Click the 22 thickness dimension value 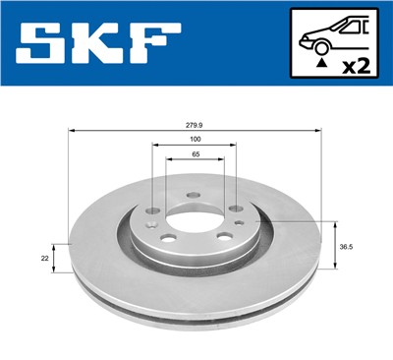pyautogui.click(x=44, y=257)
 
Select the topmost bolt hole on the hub pyautogui.click(x=193, y=194)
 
